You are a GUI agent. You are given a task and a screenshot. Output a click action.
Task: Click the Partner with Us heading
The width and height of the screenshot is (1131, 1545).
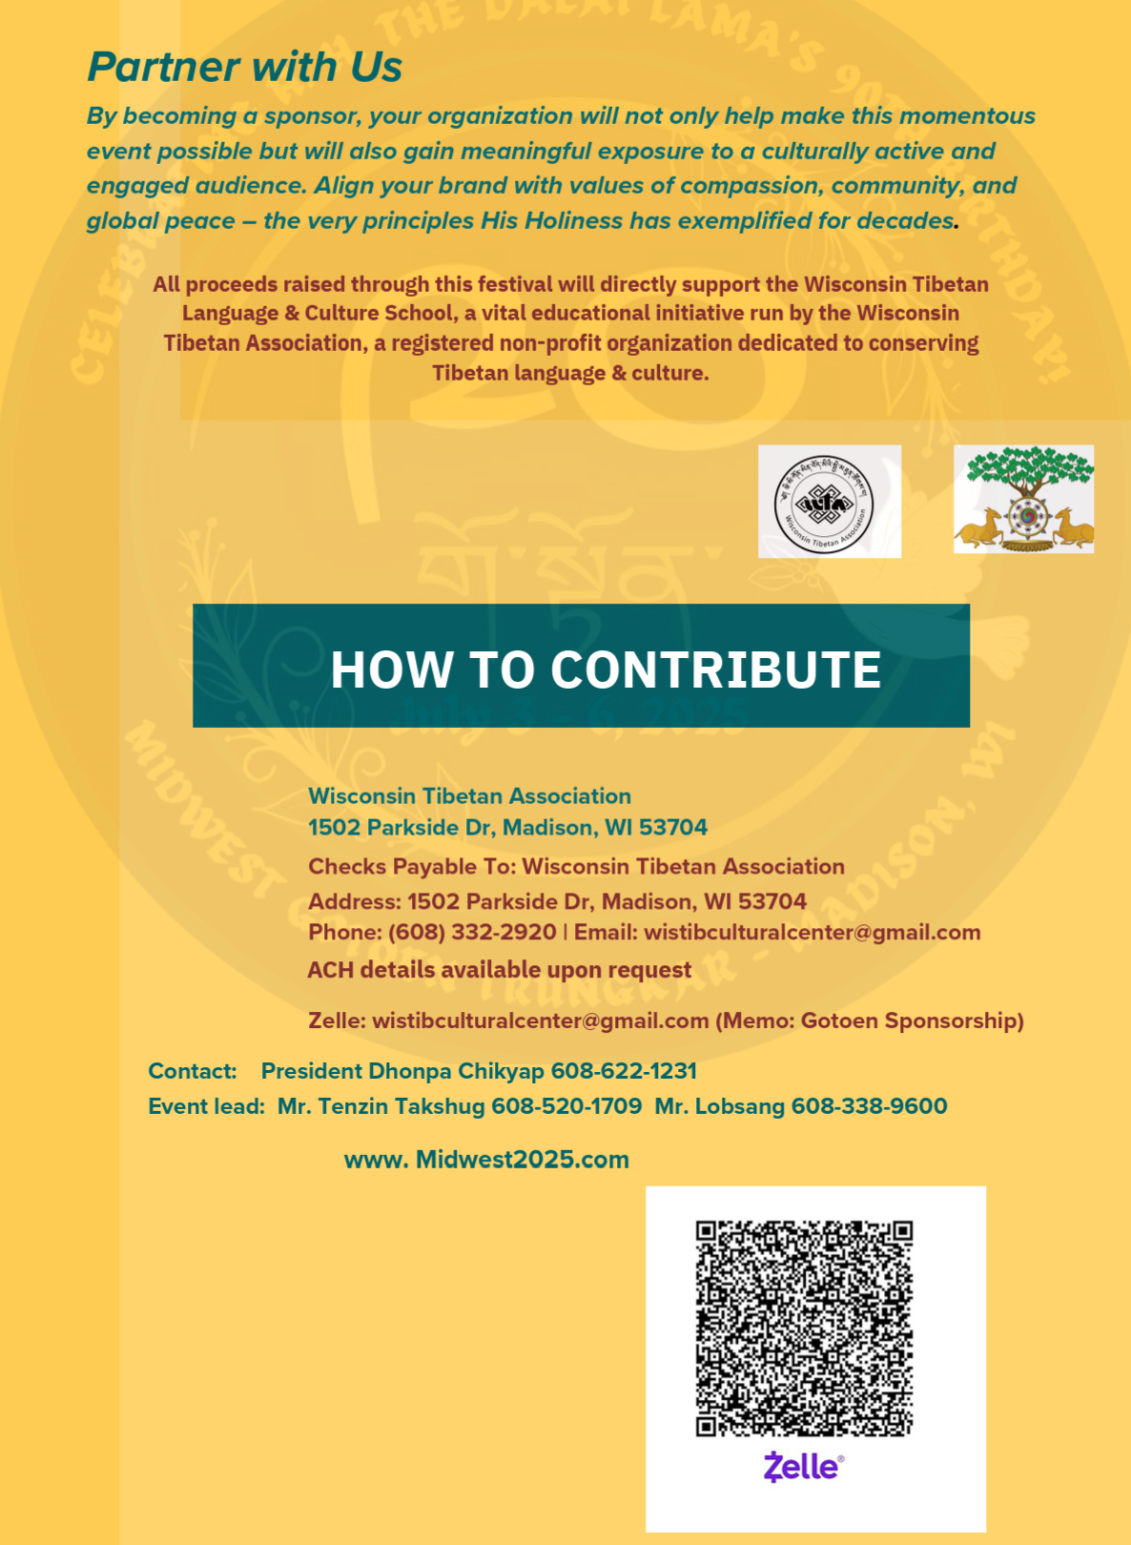click(x=244, y=67)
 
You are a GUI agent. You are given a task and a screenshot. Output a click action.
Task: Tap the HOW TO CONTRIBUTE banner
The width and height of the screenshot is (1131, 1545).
click(x=581, y=667)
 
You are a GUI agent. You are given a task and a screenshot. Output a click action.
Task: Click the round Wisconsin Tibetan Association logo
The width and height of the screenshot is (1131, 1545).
click(x=829, y=502)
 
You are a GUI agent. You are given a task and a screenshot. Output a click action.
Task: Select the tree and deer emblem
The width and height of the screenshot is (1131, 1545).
click(x=1023, y=500)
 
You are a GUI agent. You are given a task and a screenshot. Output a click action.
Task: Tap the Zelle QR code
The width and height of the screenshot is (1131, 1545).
click(x=803, y=1328)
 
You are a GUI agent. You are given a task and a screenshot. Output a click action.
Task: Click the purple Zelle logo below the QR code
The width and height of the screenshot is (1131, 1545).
click(x=803, y=1467)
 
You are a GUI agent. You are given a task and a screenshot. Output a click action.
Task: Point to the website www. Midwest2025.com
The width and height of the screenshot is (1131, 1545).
click(x=486, y=1160)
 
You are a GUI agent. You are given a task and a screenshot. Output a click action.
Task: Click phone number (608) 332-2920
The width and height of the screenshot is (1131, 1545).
click(x=472, y=932)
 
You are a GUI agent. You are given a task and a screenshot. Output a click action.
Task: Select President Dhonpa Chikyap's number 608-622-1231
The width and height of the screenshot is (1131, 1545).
click(x=624, y=1071)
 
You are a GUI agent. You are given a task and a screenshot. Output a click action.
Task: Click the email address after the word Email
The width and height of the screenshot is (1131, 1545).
click(x=812, y=932)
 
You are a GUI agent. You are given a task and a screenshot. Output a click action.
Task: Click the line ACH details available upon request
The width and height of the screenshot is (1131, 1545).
click(x=499, y=970)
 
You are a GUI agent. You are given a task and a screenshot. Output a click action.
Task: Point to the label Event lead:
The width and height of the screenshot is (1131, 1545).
click(x=206, y=1106)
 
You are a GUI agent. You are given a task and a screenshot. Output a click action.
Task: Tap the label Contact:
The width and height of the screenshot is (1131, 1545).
click(x=193, y=1071)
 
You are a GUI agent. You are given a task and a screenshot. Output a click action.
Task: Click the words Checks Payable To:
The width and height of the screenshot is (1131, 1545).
click(x=411, y=866)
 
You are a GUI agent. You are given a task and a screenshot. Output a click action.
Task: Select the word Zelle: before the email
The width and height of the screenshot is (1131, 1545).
click(x=337, y=1020)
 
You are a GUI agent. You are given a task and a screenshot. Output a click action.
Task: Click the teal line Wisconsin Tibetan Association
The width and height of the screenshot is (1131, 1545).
click(x=469, y=796)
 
